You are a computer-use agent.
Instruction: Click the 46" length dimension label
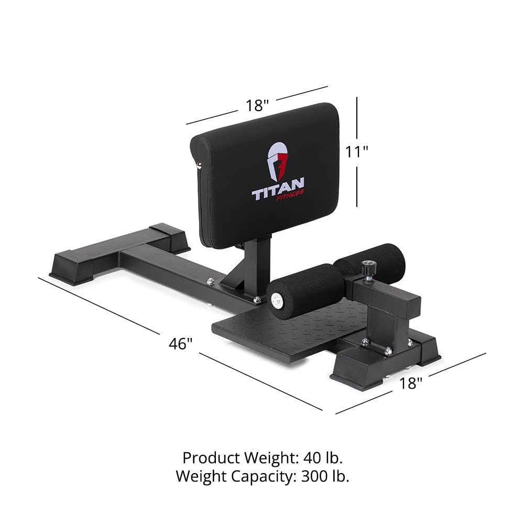pyautogui.click(x=181, y=344)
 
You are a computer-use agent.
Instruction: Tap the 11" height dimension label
pyautogui.click(x=357, y=151)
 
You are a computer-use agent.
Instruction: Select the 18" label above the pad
pyautogui.click(x=257, y=105)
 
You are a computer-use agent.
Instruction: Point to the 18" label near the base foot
pyautogui.click(x=410, y=383)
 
